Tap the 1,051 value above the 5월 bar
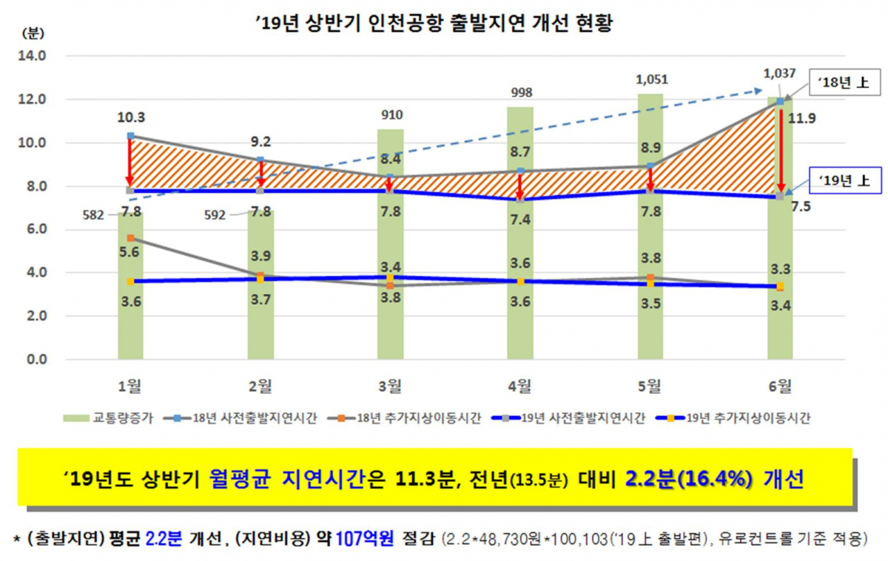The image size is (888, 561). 650,78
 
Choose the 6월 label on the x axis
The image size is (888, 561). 780,384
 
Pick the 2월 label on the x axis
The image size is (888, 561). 260,384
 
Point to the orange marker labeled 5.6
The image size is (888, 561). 130,238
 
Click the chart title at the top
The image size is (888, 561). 436,24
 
